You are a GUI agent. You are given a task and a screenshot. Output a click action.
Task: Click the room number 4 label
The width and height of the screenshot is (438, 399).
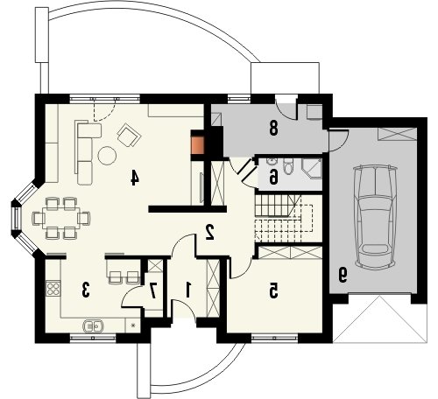(x=134, y=178)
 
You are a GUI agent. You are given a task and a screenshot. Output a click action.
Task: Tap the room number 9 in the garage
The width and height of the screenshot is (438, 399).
(x=343, y=276)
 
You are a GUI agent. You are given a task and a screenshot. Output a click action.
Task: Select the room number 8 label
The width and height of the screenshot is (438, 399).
(x=273, y=129)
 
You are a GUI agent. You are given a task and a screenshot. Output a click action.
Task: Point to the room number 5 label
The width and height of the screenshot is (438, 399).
(x=273, y=290)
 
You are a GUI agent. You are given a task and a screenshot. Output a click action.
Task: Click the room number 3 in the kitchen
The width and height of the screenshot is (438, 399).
(x=85, y=290)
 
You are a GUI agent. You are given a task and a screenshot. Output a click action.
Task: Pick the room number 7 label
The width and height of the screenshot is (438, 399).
(x=153, y=290)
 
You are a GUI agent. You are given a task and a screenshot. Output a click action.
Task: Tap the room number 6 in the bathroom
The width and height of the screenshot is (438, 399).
(x=273, y=177)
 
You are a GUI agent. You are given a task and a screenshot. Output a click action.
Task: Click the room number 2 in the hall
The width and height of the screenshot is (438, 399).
(x=209, y=232)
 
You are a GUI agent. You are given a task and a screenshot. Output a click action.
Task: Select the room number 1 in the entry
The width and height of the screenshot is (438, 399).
(x=188, y=290)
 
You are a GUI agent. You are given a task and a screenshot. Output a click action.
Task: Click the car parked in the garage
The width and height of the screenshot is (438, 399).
(x=375, y=216)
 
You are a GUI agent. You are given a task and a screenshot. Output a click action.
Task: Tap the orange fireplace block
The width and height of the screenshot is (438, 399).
(x=198, y=145)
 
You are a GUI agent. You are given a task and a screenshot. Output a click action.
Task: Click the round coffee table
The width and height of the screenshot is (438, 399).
(x=107, y=156)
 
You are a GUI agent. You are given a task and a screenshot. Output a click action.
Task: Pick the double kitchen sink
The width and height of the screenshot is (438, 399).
(x=93, y=325)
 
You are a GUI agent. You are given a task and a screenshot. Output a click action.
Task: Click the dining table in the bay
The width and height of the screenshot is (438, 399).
(x=61, y=218)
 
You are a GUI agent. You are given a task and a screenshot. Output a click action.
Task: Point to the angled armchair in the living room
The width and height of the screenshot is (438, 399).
(x=129, y=135)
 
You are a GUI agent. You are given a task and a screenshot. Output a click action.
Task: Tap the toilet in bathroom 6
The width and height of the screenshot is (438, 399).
(x=288, y=167)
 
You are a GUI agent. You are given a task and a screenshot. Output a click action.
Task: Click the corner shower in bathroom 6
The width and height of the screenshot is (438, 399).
(x=313, y=168)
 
